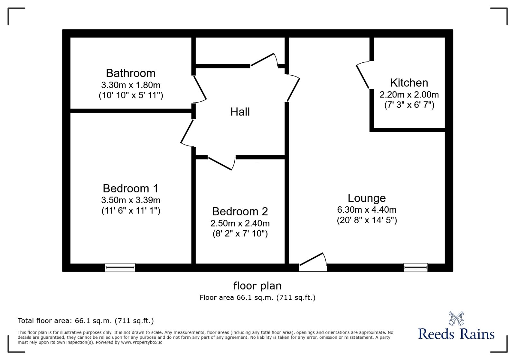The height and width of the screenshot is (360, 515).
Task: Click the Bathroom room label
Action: pos(130,73)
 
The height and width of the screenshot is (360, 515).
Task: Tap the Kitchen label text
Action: pos(409,83)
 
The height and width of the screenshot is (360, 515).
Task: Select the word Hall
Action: pos(240,112)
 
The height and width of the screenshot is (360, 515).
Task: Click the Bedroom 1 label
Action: pos(130,188)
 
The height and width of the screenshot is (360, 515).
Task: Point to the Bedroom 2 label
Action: pos(240,211)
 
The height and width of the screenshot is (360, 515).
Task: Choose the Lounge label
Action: pos(367,198)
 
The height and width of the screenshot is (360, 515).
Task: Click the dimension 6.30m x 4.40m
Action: pos(367,210)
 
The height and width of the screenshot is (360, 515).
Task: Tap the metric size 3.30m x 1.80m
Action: pos(130,85)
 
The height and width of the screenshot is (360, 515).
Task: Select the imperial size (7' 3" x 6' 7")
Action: pos(409,105)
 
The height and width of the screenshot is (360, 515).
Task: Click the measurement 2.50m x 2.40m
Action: pos(240,223)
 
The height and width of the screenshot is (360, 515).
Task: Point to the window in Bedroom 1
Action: pos(120,267)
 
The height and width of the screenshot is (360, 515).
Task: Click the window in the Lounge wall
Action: pos(416,267)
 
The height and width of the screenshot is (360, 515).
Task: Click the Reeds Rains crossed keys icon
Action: pos(456,318)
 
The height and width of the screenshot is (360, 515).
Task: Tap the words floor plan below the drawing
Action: pos(257,286)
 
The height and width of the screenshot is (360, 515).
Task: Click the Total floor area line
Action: pos(86,321)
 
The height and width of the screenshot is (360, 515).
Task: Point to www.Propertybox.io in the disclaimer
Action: pos(142,342)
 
